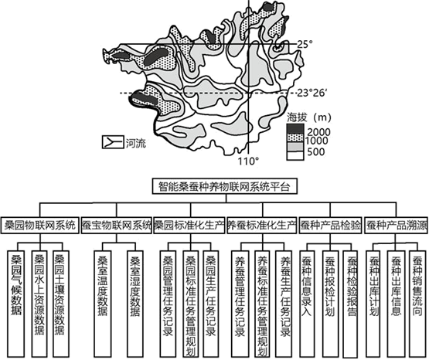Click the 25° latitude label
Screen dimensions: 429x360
[x=305, y=44]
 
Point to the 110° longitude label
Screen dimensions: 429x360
[x=248, y=161]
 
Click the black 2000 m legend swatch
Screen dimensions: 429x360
[x=295, y=129]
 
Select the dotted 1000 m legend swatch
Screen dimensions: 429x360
[x=295, y=138]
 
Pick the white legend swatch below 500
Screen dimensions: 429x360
[x=295, y=155]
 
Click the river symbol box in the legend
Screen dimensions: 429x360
[x=113, y=142]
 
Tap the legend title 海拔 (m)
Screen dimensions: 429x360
[x=309, y=117]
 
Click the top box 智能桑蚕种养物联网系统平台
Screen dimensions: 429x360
[x=225, y=186]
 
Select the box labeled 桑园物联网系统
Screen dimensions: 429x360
[x=40, y=226]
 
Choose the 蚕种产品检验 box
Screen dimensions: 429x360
[x=331, y=226]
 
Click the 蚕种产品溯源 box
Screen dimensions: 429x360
[x=397, y=226]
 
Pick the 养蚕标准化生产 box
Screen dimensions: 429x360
[x=262, y=226]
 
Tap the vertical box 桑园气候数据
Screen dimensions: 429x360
[x=16, y=304]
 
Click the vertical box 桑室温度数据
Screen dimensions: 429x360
[x=103, y=304]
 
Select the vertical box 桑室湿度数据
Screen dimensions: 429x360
[x=135, y=304]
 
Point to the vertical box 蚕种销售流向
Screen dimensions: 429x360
[x=417, y=304]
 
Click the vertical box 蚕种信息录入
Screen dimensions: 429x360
[x=306, y=304]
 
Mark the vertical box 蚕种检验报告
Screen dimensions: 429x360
[x=350, y=304]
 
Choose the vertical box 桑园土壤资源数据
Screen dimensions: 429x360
[x=61, y=304]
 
